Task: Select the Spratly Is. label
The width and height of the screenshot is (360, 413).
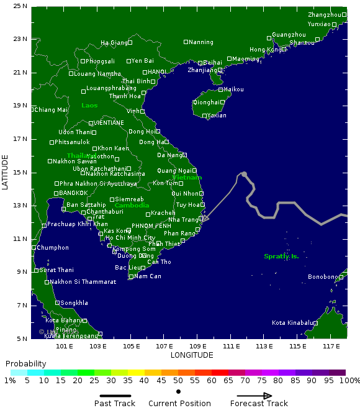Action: (281, 256)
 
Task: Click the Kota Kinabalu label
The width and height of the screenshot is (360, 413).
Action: (292, 323)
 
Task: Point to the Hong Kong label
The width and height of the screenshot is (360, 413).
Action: (265, 50)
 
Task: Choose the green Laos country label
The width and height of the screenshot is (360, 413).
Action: (89, 106)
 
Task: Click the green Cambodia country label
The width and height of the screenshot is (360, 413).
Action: (132, 206)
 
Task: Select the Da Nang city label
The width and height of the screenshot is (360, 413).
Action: (169, 155)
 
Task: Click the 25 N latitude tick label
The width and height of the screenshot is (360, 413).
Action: (20, 6)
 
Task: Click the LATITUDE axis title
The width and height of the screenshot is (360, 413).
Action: (6, 172)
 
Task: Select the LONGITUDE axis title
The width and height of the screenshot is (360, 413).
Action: (192, 355)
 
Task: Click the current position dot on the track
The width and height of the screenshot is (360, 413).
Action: (244, 175)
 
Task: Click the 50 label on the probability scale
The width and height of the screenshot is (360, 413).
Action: (178, 380)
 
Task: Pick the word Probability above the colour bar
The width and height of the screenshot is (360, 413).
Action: (25, 364)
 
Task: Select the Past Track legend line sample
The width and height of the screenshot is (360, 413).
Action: (115, 396)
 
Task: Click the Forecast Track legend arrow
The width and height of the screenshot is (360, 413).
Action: (254, 396)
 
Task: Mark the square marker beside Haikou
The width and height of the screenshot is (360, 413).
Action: (220, 89)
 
